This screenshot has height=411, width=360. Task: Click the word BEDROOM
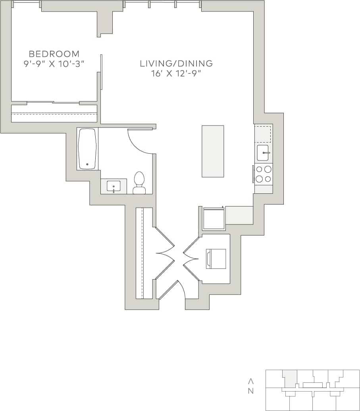pyautogui.click(x=54, y=54)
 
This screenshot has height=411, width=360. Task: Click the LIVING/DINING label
pyautogui.click(x=176, y=64)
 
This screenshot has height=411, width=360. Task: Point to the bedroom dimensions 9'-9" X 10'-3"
pyautogui.click(x=54, y=64)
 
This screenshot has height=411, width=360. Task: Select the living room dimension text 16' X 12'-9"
pyautogui.click(x=176, y=74)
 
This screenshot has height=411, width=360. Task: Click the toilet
pyautogui.click(x=139, y=183)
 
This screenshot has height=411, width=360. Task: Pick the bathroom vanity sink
pyautogui.click(x=114, y=186)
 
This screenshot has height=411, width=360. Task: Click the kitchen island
pyautogui.click(x=213, y=151)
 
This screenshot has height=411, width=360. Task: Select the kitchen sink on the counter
pyautogui.click(x=263, y=152)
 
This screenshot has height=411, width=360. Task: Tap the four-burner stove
pyautogui.click(x=264, y=174)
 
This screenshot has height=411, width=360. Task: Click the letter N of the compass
pyautogui.click(x=250, y=391)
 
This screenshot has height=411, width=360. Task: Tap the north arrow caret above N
pyautogui.click(x=250, y=381)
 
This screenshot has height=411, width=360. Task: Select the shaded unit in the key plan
pyautogui.click(x=290, y=378)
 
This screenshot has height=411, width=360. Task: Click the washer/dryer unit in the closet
pyautogui.click(x=216, y=259)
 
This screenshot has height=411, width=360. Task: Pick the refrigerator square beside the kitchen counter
pyautogui.click(x=214, y=218)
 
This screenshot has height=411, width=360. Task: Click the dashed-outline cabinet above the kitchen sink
pyautogui.click(x=263, y=134)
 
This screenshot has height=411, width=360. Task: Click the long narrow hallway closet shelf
pyautogui.click(x=139, y=253)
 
